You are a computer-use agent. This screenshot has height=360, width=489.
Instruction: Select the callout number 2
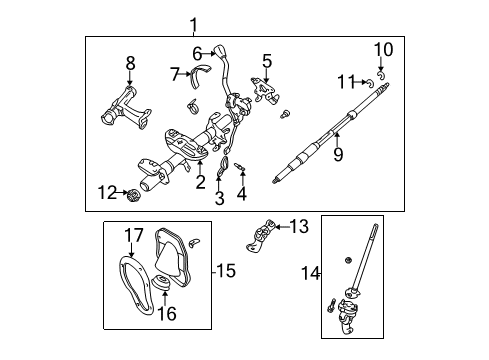click(x=200, y=181)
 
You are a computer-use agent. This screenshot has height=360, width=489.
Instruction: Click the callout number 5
click(x=266, y=61)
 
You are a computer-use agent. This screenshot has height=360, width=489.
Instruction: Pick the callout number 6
click(x=197, y=53)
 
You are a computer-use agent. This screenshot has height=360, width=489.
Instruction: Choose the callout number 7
click(x=174, y=73)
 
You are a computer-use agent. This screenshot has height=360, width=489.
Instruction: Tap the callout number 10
click(x=384, y=49)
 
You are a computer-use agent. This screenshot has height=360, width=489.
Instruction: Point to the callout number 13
click(x=300, y=227)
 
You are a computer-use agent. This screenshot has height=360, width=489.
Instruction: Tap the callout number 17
click(x=128, y=237)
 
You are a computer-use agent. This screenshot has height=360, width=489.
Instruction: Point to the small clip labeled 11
click(x=370, y=81)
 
